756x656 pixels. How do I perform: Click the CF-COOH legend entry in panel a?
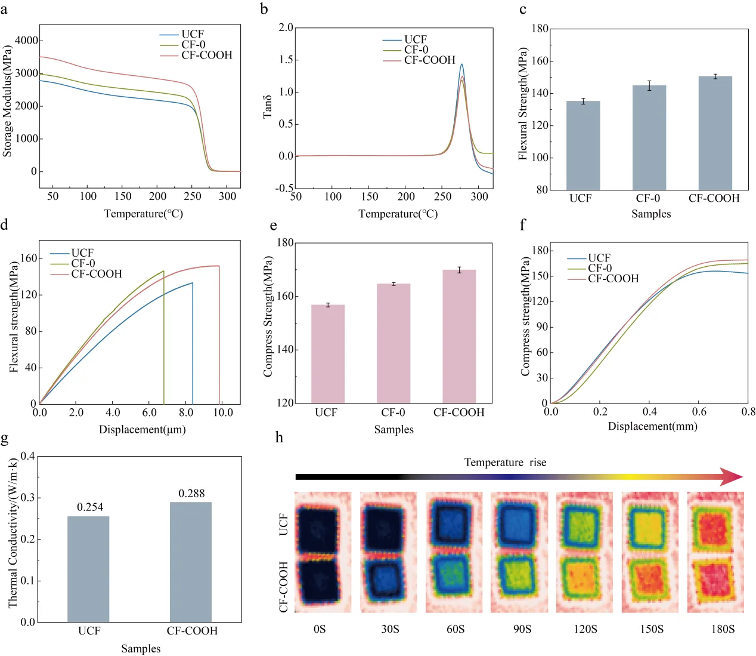(x=196, y=56)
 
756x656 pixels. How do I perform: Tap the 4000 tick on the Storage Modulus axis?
(x=26, y=40)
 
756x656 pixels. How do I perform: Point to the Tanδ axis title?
(x=268, y=107)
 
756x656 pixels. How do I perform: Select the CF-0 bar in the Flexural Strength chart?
(x=649, y=137)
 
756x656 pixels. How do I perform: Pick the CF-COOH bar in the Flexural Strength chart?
(x=715, y=133)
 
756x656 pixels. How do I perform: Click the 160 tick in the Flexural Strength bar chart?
(x=540, y=61)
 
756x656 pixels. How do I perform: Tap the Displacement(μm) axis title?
(x=142, y=429)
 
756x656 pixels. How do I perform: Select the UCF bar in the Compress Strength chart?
(x=328, y=354)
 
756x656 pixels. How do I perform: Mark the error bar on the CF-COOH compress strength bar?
(x=459, y=270)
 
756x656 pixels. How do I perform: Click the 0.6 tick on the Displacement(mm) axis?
(x=699, y=412)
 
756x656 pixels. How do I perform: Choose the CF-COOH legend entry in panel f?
(x=603, y=279)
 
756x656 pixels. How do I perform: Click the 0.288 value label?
(x=191, y=494)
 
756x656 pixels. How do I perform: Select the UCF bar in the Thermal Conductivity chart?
(x=88, y=569)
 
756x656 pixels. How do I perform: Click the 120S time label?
(x=585, y=629)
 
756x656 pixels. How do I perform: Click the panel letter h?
(x=279, y=438)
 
